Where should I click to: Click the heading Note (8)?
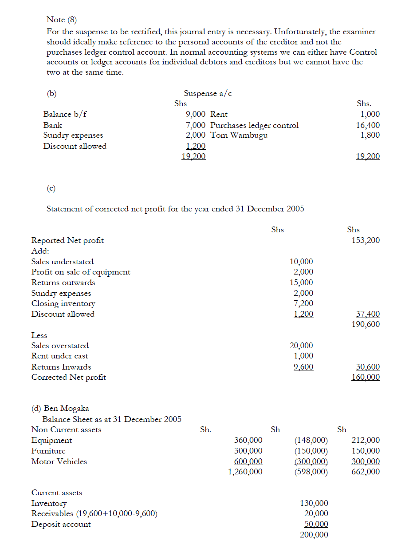(x=62, y=20)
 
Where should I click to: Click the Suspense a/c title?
(x=208, y=93)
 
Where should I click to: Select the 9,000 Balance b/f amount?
(x=195, y=114)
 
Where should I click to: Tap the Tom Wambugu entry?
(x=239, y=135)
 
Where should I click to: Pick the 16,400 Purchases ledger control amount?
(x=368, y=125)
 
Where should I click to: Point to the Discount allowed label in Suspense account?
(x=75, y=146)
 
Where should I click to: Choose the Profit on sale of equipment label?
(x=81, y=272)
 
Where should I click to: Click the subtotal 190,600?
(x=365, y=324)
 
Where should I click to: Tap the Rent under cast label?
(x=59, y=356)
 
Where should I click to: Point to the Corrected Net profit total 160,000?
(x=365, y=377)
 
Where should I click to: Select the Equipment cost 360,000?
(x=248, y=440)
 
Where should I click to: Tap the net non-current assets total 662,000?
(x=365, y=472)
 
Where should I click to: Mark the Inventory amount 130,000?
(x=314, y=503)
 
